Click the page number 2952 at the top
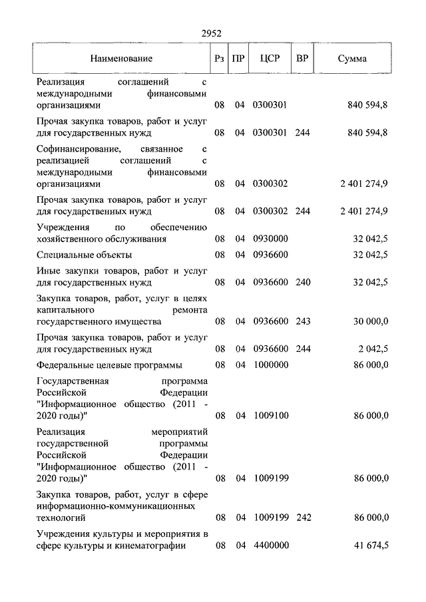click(x=211, y=34)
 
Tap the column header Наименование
click(x=122, y=59)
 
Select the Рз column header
click(x=219, y=59)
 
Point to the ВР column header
click(x=302, y=58)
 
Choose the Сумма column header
click(x=352, y=59)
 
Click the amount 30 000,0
click(x=370, y=321)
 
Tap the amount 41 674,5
click(x=371, y=545)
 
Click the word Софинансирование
click(x=79, y=148)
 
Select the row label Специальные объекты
click(x=85, y=255)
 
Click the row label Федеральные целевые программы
click(x=110, y=365)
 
